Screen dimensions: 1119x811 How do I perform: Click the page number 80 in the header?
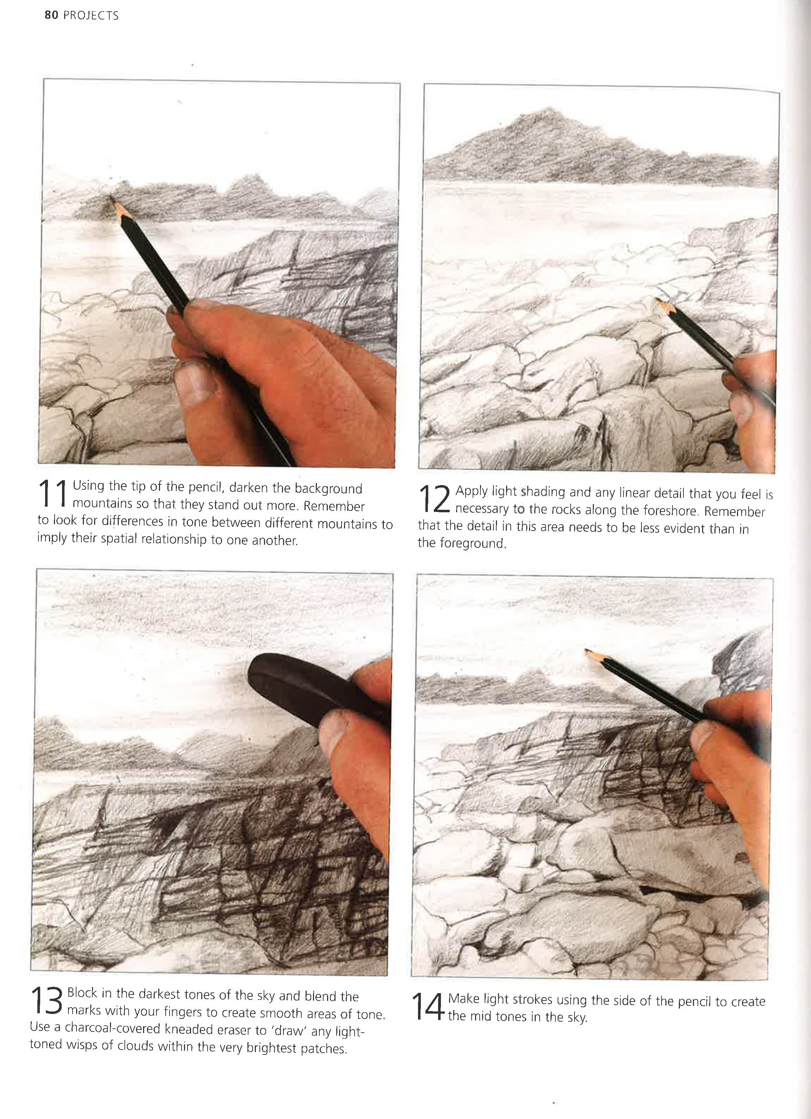(51, 15)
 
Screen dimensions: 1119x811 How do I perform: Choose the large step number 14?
(428, 1007)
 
